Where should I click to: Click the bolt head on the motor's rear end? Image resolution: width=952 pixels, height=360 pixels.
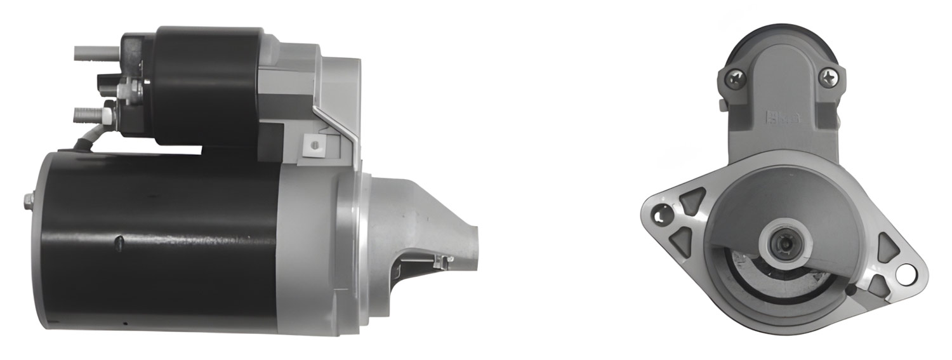[29, 200]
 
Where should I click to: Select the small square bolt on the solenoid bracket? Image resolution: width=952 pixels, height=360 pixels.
[312, 145]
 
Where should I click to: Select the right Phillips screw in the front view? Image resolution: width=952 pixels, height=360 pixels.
[828, 77]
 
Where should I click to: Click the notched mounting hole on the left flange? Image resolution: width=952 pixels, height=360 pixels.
[663, 215]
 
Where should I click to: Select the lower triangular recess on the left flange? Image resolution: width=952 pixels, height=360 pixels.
[682, 240]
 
